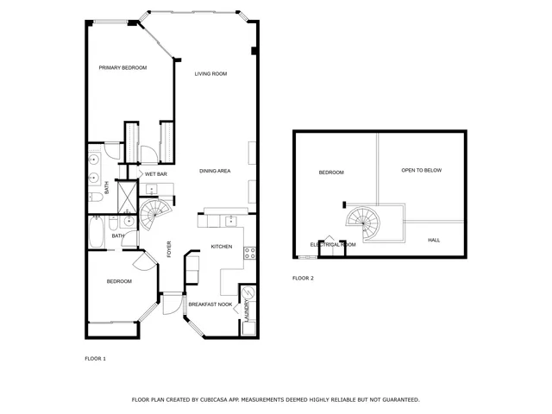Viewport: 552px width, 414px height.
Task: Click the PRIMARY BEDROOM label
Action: (x=122, y=68)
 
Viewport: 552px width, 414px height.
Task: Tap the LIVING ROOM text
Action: (x=210, y=74)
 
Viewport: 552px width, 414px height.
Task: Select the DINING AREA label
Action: (x=215, y=171)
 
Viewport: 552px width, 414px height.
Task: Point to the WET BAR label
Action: (x=155, y=174)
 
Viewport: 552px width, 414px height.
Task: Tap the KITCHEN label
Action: (x=223, y=247)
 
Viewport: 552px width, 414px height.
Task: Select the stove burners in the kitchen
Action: (x=248, y=254)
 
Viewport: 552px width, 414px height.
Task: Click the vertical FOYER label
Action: (x=169, y=248)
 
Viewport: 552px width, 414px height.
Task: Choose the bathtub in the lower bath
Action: (x=97, y=234)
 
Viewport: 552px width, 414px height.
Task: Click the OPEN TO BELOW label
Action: (x=421, y=170)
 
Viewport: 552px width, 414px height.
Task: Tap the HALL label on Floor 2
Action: (x=434, y=240)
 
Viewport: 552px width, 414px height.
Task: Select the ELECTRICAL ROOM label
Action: (x=333, y=245)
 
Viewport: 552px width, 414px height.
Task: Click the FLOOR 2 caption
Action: (x=303, y=279)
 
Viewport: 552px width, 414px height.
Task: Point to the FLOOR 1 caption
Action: (x=95, y=358)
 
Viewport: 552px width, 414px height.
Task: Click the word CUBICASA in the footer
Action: (x=218, y=400)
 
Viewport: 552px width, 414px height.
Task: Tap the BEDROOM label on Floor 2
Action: (x=331, y=172)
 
